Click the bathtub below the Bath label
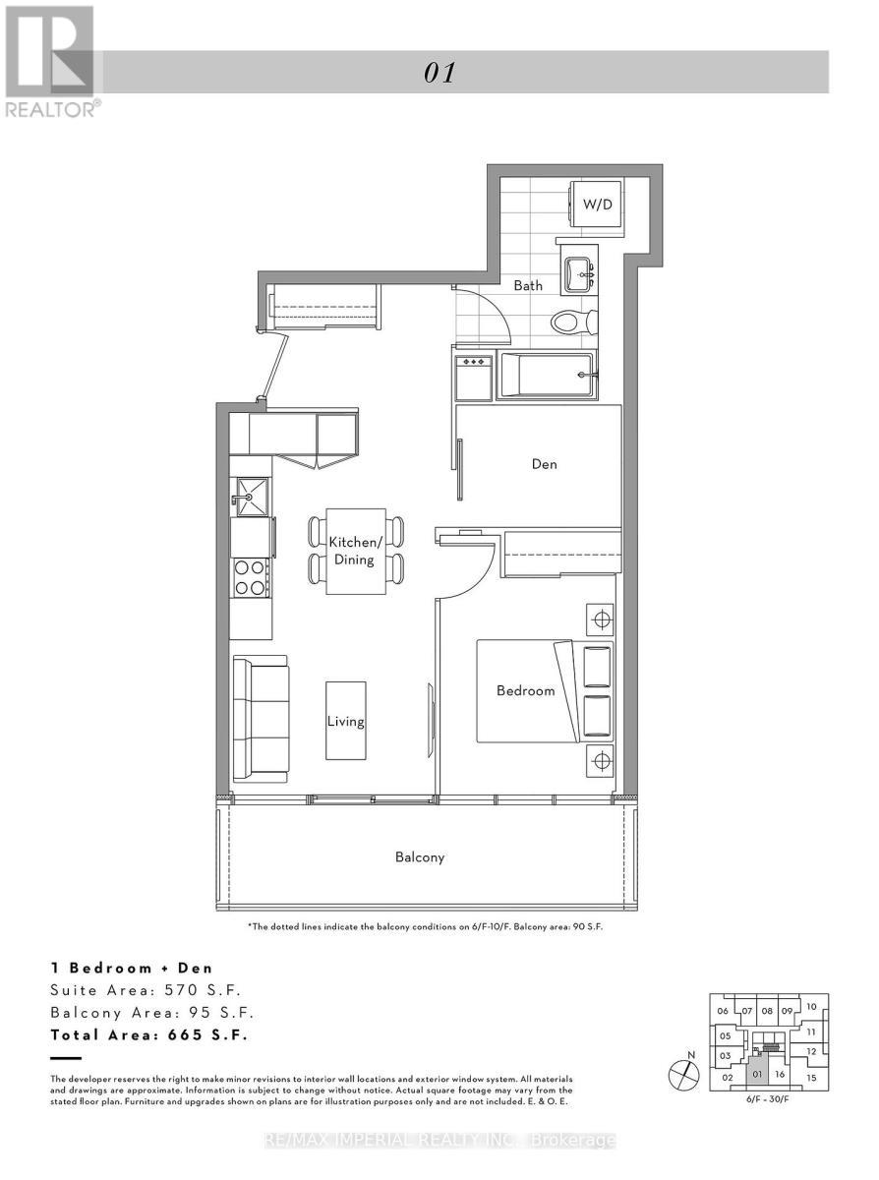(548, 376)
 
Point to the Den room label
(545, 463)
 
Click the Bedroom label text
(525, 691)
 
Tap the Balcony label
(420, 857)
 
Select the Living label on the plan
(346, 721)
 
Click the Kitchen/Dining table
(355, 552)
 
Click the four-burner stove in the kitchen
(250, 577)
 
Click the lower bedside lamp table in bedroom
(600, 760)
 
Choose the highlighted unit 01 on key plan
(756, 1074)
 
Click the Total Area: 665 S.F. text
(149, 1035)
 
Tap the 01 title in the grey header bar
(439, 73)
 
